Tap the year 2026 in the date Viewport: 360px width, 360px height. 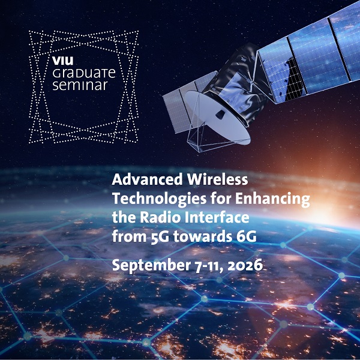click(x=245, y=265)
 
